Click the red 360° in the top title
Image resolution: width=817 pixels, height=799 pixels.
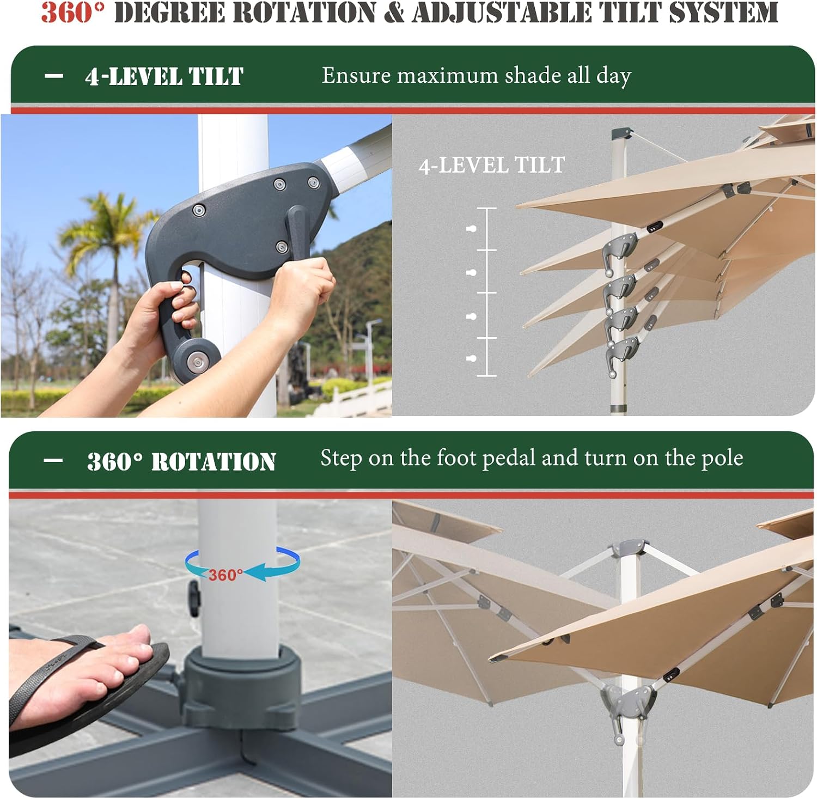(x=72, y=12)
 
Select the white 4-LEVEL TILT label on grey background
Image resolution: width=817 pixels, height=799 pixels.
(x=492, y=165)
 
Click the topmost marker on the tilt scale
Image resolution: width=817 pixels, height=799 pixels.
(x=472, y=229)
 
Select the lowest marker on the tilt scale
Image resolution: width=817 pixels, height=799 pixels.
(x=472, y=358)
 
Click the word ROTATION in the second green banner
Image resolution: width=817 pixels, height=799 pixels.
(x=214, y=462)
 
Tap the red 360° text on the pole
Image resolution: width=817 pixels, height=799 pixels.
(x=225, y=575)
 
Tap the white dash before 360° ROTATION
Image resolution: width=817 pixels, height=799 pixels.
(x=53, y=460)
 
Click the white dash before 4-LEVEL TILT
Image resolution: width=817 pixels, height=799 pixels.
(x=53, y=76)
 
